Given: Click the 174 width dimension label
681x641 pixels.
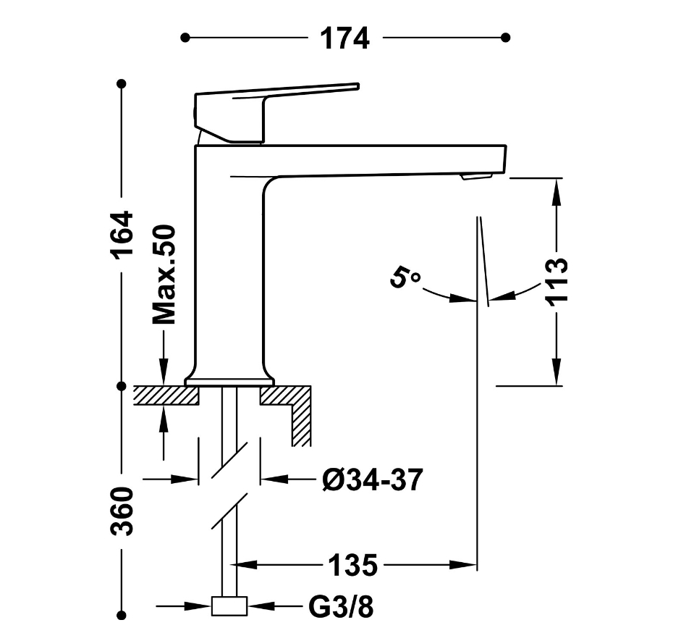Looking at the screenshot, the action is point(345,38).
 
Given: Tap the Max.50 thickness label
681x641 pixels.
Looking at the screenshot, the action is point(164,275).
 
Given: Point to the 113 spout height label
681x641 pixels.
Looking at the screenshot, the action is point(557,282).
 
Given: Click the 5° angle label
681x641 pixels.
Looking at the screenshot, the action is point(405,277).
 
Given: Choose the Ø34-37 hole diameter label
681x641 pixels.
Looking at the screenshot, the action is point(372,479).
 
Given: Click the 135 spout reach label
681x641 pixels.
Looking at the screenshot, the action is point(352,566).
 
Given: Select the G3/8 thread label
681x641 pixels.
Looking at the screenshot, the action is point(341,606).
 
